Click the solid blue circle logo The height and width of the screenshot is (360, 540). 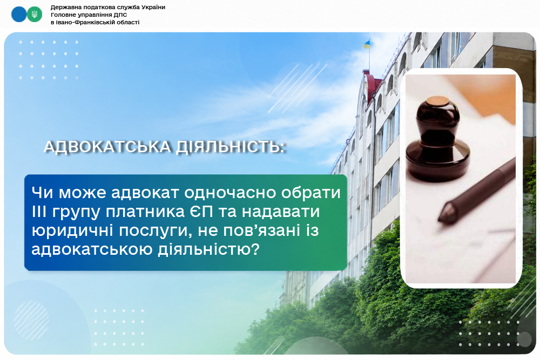[19, 15]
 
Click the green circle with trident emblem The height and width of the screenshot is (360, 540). [35, 15]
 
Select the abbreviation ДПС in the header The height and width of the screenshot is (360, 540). [120, 15]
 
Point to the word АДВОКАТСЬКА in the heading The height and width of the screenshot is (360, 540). [108, 147]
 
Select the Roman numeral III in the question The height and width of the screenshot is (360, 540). [39, 212]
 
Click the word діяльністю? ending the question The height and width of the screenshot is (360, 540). [208, 249]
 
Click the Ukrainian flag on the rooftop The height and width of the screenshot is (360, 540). [366, 44]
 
